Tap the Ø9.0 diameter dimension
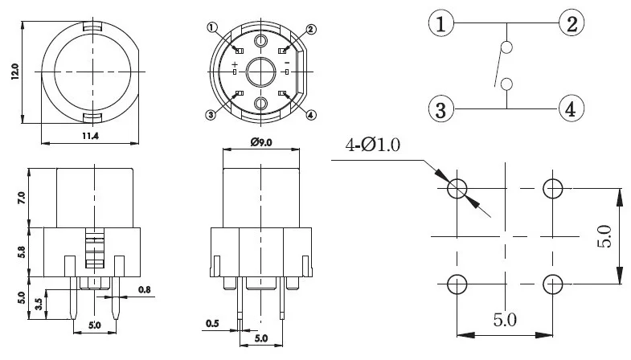click(260, 142)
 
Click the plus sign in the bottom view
click(235, 63)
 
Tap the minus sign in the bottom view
click(287, 63)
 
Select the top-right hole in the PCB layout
click(552, 189)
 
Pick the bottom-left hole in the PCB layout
click(457, 284)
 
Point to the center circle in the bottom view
click(261, 72)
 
